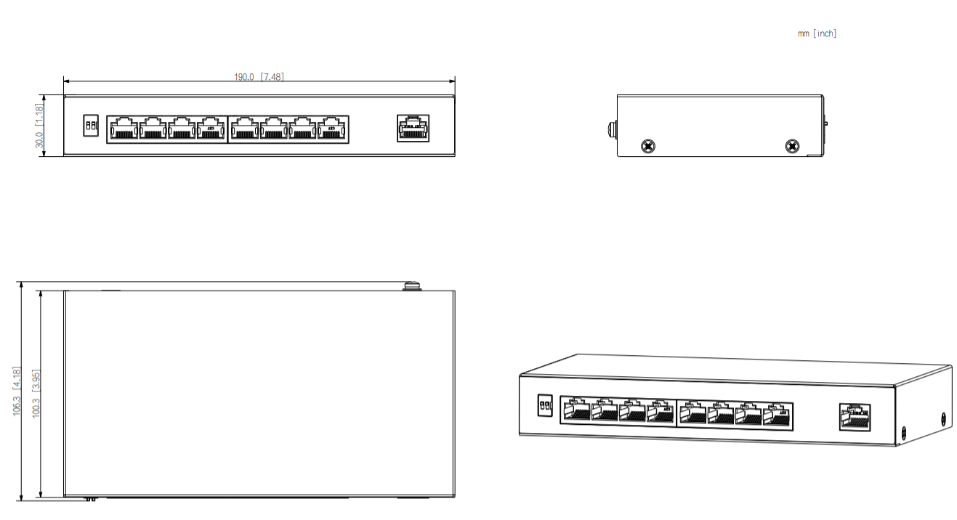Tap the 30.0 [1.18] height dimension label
pyautogui.click(x=40, y=126)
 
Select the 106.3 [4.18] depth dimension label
pyautogui.click(x=17, y=391)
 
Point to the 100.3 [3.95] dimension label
pyautogui.click(x=36, y=393)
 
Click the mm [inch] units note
pyautogui.click(x=817, y=33)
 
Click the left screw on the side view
pyautogui.click(x=647, y=147)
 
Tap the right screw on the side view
pyautogui.click(x=791, y=147)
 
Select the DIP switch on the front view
pyautogui.click(x=91, y=126)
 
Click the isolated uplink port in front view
pyautogui.click(x=412, y=128)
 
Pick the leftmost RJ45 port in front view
pyautogui.click(x=123, y=129)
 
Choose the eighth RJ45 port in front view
pyautogui.click(x=332, y=129)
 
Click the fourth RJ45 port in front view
pyautogui.click(x=211, y=129)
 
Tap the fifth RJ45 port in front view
pyautogui.click(x=244, y=129)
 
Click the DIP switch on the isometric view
pyautogui.click(x=544, y=405)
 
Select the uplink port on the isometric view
pyautogui.click(x=855, y=417)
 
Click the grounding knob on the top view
pyautogui.click(x=412, y=285)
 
